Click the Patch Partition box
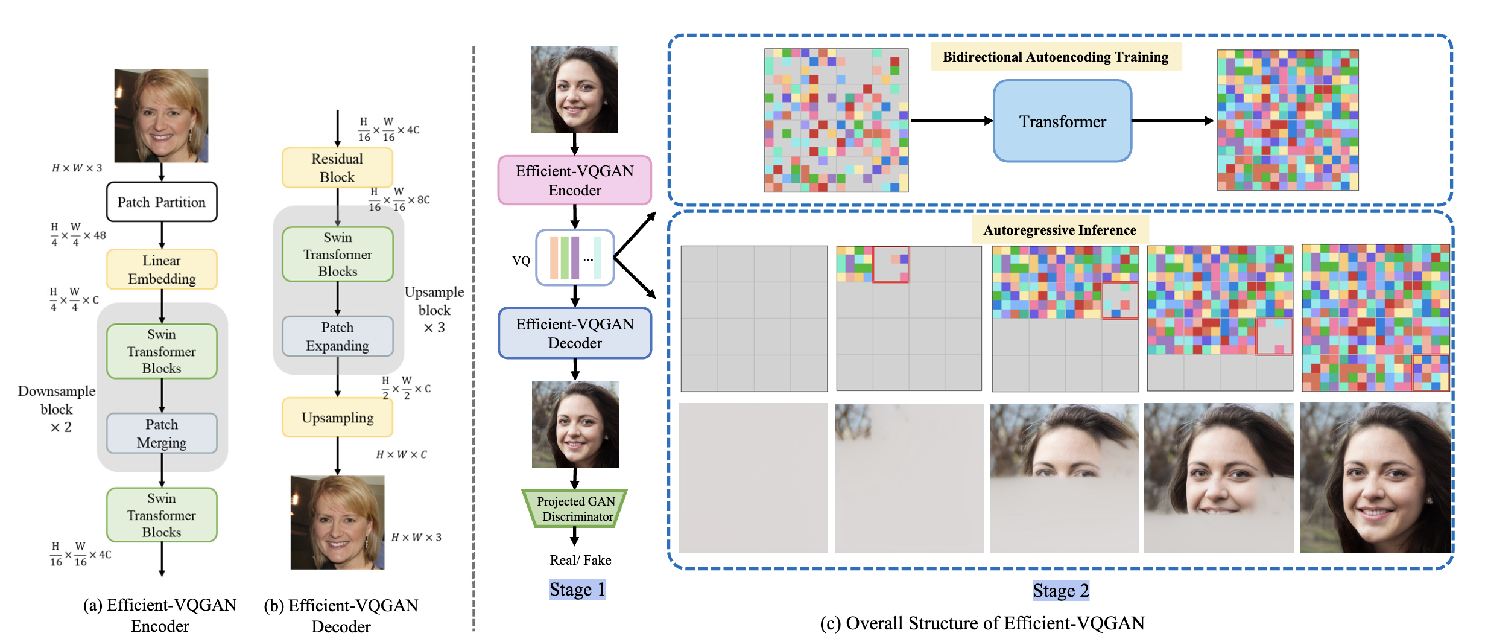(162, 202)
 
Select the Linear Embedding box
(162, 270)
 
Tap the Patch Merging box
(162, 433)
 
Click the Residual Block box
(337, 168)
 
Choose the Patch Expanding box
(337, 337)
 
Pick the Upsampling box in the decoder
(337, 418)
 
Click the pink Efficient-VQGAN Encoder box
(575, 180)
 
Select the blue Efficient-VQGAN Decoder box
(575, 333)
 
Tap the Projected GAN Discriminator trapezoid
(575, 509)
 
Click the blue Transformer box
(1062, 121)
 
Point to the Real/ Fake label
(580, 560)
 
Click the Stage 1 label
(577, 590)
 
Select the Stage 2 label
(1060, 591)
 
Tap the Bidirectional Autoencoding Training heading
(1056, 57)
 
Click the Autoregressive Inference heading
(1060, 230)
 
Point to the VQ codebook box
(575, 258)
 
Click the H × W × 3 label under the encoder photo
(77, 168)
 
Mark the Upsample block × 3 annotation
(434, 310)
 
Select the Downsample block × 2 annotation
(57, 408)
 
